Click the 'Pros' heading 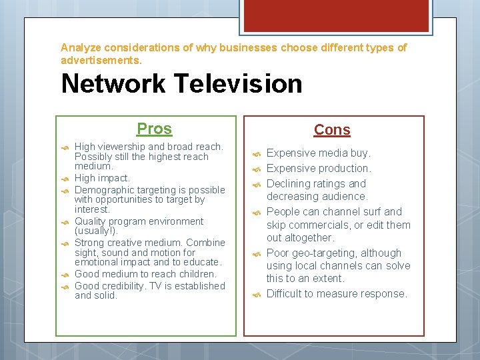[x=154, y=129]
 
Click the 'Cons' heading [x=332, y=130]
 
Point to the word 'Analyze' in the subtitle [x=81, y=48]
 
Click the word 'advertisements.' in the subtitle [x=101, y=60]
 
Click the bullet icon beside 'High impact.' [x=65, y=179]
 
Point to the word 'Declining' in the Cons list [x=289, y=183]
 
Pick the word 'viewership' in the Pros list [x=122, y=147]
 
